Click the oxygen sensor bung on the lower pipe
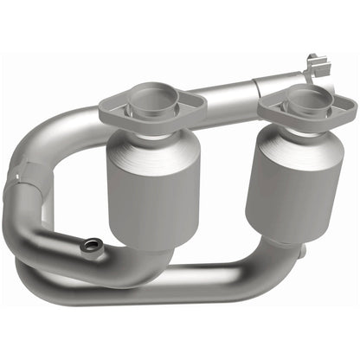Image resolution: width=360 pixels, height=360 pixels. pyautogui.click(x=87, y=247)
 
